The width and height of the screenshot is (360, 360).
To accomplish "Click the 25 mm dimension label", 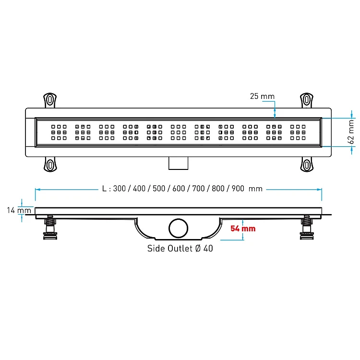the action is point(262,96).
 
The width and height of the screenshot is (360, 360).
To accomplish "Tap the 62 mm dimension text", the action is point(351,132).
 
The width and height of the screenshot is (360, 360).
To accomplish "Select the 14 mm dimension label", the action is point(19,210).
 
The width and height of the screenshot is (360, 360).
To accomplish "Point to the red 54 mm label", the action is point(243,228).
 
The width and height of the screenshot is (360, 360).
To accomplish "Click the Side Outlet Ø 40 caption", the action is point(180,248).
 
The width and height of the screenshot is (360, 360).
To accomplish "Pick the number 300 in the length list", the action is point(120,189).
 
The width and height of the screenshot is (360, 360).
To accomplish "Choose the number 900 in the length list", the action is point(238,189).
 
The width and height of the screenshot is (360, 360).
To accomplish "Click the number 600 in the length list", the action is point(179,189).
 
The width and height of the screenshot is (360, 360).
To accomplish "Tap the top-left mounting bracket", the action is point(50,100).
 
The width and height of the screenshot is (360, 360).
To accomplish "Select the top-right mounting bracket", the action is point(307,100).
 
